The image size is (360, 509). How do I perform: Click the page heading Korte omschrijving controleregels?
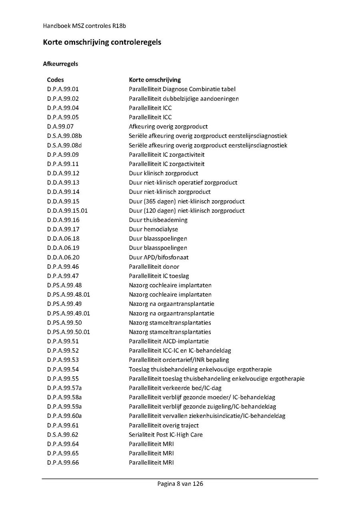tap(102, 42)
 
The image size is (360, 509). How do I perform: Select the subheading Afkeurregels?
tap(60, 64)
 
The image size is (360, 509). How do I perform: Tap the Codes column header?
tap(55, 80)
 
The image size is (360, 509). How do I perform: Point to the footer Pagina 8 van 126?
tap(180, 484)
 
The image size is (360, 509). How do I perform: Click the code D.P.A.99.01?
tap(63, 89)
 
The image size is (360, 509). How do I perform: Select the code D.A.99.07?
tap(60, 126)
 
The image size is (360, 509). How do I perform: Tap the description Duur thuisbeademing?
tap(158, 220)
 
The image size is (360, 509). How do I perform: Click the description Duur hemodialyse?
tap(153, 229)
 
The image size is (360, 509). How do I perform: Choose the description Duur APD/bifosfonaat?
tap(158, 257)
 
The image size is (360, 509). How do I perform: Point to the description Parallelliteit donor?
tap(154, 267)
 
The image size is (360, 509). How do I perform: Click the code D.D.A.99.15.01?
tap(67, 211)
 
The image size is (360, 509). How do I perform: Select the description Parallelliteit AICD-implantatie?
tap(168, 341)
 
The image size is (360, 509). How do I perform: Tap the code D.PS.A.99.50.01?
tap(68, 332)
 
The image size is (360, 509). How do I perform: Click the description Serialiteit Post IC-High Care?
tap(166, 435)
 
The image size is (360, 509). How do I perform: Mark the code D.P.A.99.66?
tap(63, 463)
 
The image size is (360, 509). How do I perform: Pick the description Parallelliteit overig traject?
tap(164, 425)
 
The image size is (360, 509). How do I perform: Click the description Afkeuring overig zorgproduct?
tap(168, 126)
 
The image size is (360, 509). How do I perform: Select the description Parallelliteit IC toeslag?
tap(159, 276)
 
